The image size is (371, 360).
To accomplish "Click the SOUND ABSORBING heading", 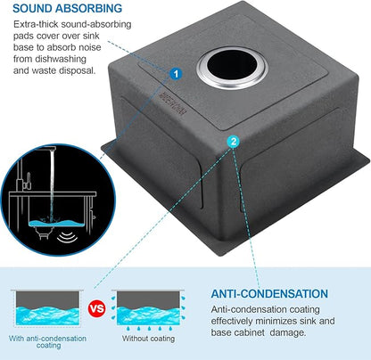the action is tap(67, 8).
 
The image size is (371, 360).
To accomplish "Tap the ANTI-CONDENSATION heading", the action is tap(269, 294).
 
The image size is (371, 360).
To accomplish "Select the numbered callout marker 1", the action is tap(176, 73).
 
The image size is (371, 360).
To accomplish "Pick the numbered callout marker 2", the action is tap(234, 142).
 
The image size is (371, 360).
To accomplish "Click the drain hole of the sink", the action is tap(232, 68).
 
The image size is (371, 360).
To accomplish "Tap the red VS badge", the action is tap(97, 308).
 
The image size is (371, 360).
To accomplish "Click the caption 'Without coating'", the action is tap(148, 339).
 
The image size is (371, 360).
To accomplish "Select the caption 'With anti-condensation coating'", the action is tap(47, 341).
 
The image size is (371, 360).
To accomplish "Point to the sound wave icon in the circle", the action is tap(67, 236).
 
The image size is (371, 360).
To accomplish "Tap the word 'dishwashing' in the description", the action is tap(61, 59).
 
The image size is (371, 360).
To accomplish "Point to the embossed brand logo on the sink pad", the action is tap(172, 104).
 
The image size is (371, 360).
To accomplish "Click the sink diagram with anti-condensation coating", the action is tap(47, 308).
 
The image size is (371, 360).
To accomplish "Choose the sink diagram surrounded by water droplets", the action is tap(148, 309).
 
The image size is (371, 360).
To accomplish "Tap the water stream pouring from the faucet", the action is tap(53, 185).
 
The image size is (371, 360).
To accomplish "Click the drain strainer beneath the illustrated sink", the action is tap(43, 233).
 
